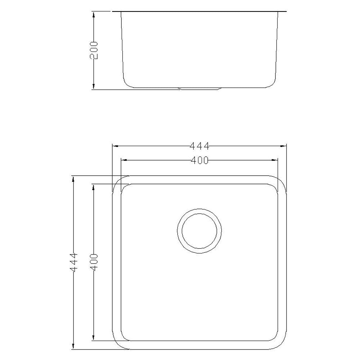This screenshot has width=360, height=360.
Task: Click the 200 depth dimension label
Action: click(94, 50)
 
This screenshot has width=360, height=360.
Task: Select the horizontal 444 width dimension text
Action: click(199, 146)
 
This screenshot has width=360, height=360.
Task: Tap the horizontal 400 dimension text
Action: click(199, 161)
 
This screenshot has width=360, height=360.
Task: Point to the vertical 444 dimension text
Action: click(73, 262)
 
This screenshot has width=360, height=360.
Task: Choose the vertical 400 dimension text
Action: click(94, 262)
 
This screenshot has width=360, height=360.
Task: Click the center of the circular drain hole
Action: click(199, 230)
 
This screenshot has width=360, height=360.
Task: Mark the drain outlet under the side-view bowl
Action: click(199, 89)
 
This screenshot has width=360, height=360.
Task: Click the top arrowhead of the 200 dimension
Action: click(94, 14)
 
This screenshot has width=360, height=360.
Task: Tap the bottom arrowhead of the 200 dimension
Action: click(94, 87)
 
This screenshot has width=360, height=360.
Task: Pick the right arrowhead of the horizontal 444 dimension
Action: click(284, 146)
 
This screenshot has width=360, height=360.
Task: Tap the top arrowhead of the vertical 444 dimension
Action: click(73, 179)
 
